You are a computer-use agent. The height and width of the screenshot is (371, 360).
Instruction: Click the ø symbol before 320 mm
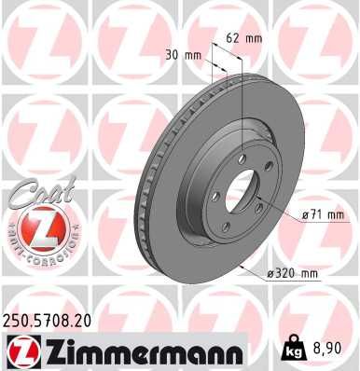click(x=270, y=273)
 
